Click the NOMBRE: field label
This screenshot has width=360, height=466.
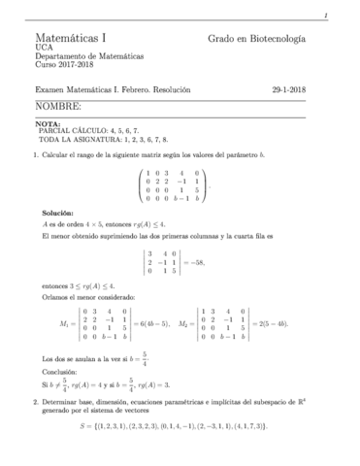(57, 105)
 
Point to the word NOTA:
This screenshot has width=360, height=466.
(47, 124)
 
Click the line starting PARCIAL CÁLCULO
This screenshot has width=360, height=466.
(96, 132)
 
